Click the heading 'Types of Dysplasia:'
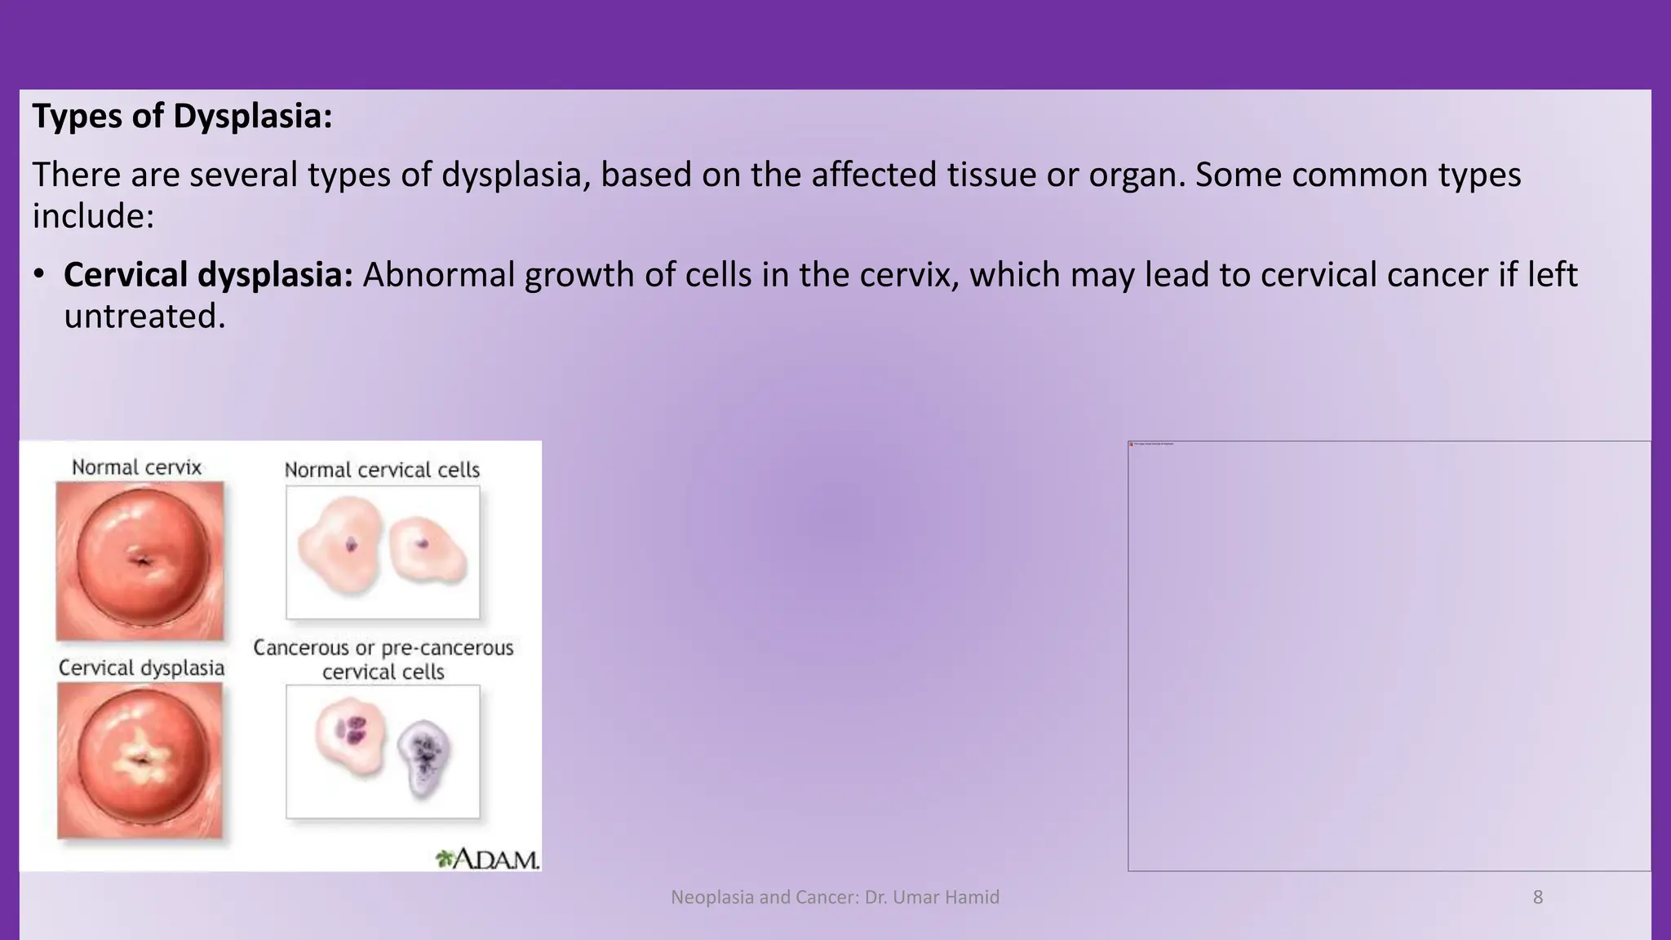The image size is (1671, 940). [182, 116]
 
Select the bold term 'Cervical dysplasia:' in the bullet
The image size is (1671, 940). [208, 275]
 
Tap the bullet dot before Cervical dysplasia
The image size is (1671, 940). [38, 275]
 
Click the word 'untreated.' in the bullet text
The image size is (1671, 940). [144, 317]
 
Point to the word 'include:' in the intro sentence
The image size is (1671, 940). [93, 216]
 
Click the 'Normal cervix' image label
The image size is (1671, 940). [136, 468]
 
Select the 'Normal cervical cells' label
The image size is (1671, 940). [382, 470]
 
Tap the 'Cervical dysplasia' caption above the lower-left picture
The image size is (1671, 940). [141, 668]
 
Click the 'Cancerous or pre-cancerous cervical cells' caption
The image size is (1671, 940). [383, 659]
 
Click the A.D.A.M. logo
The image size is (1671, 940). [488, 858]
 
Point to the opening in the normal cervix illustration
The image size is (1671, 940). [142, 561]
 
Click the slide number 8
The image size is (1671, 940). [1538, 898]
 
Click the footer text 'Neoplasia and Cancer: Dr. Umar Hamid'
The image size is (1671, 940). [835, 898]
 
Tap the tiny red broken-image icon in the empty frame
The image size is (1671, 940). [1132, 444]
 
